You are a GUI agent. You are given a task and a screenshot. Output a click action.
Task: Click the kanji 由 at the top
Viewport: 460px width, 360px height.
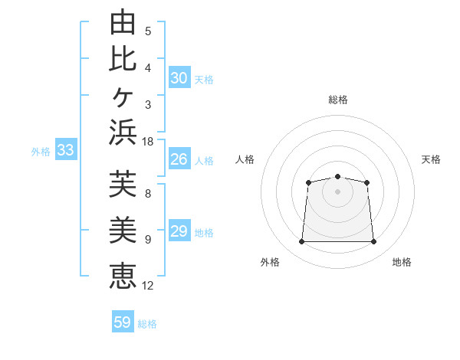(x=123, y=21)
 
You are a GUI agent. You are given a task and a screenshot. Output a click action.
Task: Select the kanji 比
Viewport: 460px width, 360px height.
(x=123, y=60)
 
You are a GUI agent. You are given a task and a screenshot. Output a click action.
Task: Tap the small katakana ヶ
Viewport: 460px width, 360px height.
(x=123, y=97)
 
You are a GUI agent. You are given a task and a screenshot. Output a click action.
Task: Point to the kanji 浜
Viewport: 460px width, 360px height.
(x=123, y=133)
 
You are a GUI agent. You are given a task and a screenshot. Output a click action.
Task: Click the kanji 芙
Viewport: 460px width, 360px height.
(x=123, y=184)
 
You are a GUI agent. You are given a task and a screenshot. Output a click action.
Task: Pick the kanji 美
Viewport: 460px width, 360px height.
(x=123, y=230)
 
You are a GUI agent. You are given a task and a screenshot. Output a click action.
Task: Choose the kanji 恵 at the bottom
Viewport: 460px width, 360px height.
(x=123, y=276)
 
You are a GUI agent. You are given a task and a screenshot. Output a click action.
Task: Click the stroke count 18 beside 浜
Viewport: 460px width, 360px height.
(x=147, y=142)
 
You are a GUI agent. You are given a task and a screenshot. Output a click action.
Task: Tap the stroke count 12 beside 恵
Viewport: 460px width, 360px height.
(x=147, y=286)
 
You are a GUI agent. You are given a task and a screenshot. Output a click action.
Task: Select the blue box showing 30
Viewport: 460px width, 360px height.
(x=180, y=77)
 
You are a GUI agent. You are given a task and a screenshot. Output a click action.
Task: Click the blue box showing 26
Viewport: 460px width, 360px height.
(x=180, y=159)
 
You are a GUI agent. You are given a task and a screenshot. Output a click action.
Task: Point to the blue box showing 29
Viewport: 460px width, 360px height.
(x=180, y=230)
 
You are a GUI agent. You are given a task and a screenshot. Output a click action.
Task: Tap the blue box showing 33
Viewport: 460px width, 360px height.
(x=66, y=149)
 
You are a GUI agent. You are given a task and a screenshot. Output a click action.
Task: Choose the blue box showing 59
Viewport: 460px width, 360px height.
(x=123, y=321)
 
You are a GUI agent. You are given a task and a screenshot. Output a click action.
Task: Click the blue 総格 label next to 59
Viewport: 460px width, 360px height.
(x=147, y=324)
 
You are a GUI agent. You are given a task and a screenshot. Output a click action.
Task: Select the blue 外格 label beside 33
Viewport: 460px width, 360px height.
(x=41, y=152)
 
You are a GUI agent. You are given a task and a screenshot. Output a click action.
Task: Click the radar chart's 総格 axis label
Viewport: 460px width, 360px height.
(x=338, y=100)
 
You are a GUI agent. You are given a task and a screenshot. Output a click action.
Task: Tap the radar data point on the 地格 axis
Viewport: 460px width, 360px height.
(x=373, y=241)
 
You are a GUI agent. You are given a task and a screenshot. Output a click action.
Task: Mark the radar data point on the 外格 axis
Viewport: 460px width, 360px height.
(x=301, y=241)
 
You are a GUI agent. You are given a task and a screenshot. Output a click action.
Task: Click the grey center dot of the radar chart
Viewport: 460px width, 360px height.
(x=337, y=191)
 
